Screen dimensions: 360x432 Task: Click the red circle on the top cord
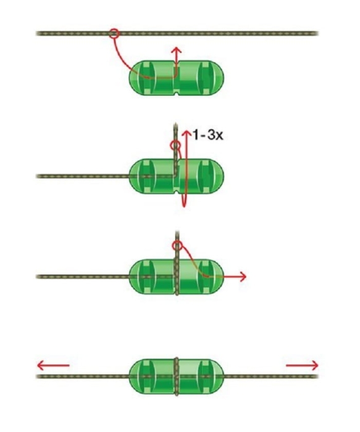tap(114, 34)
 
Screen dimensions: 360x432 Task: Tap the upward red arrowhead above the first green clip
tap(177, 49)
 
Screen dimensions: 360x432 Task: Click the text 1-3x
tap(207, 135)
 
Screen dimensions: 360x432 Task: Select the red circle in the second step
tap(175, 145)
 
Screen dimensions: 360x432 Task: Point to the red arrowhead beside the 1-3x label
tap(187, 133)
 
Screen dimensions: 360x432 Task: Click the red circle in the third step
tap(177, 245)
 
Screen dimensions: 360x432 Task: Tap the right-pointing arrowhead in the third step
tap(243, 276)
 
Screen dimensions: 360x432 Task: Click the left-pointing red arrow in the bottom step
tap(53, 365)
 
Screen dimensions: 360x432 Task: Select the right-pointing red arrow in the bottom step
tap(302, 365)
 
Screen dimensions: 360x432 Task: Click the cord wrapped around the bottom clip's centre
tap(177, 376)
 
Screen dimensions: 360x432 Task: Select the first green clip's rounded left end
tap(135, 78)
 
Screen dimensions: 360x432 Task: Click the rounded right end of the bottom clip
tap(218, 376)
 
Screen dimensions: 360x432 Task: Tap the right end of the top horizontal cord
tap(317, 33)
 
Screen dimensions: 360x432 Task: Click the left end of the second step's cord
tap(38, 176)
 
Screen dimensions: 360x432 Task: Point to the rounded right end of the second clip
tap(218, 176)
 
